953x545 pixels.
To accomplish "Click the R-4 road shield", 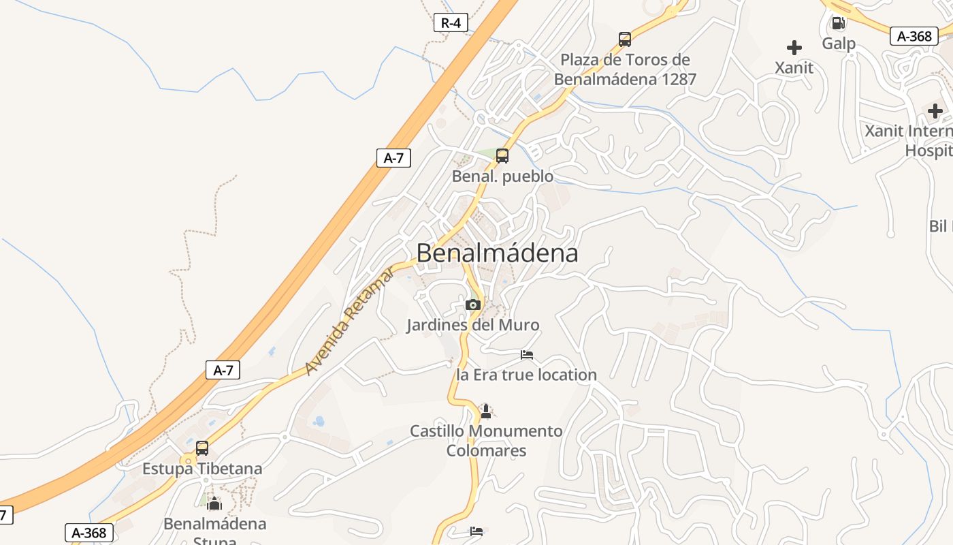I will pos(451,22).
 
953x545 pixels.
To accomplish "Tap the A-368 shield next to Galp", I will pos(914,36).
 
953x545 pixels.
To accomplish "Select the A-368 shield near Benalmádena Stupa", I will pos(89,533).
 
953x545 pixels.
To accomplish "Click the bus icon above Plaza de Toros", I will pos(625,40).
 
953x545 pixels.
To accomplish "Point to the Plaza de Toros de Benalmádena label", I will pos(625,69).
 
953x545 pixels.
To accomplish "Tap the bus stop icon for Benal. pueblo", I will pos(502,156).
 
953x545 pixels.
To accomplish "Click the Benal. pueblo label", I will pos(502,176).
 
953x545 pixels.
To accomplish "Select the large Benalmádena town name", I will pos(497,253).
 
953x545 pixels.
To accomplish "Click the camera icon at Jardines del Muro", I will pos(473,305).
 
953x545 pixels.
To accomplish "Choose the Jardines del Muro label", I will pos(473,325).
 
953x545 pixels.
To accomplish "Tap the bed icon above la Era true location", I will pos(527,355).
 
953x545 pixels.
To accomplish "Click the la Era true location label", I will pos(526,375).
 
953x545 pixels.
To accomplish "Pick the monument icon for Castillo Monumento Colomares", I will pos(486,411).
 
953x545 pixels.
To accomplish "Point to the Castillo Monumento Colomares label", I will pos(486,441).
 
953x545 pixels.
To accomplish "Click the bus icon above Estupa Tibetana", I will pos(202,448).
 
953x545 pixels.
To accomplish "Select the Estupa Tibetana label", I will pos(202,469).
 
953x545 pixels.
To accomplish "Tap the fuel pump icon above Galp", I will pos(839,23).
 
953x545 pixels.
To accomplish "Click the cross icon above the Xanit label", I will pos(794,48).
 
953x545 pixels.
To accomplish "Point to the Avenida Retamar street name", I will pos(349,322).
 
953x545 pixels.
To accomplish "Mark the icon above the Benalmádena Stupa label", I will pos(214,504).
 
